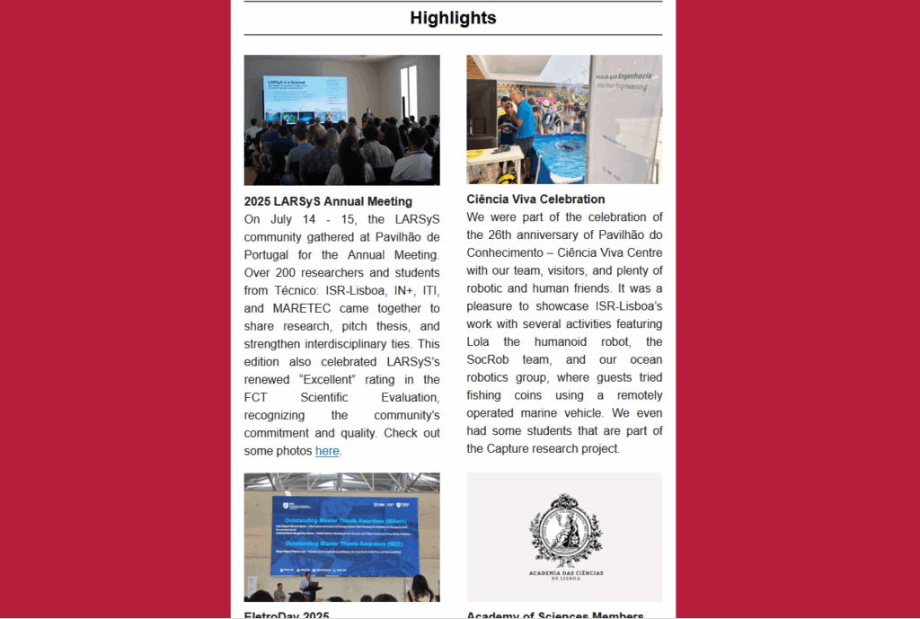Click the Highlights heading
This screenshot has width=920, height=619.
453,18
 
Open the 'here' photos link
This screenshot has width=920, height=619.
327,451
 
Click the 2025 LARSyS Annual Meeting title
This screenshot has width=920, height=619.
328,201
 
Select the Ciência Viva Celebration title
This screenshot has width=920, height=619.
535,199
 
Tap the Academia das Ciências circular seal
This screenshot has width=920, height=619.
565,531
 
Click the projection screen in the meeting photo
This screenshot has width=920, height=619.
305,100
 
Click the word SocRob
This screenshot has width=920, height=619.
489,359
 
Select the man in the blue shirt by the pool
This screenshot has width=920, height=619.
525,121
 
